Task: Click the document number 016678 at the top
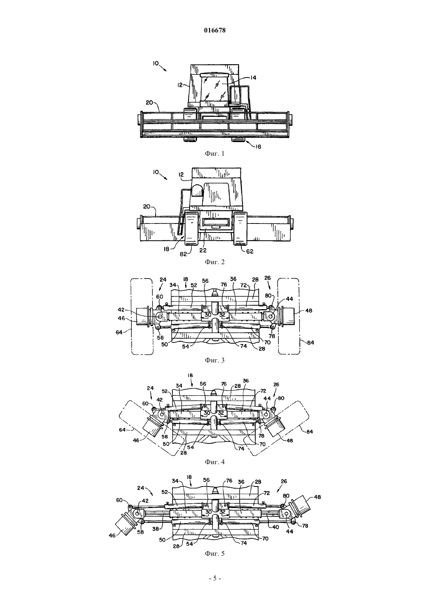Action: coord(215,31)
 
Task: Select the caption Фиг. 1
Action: coord(215,153)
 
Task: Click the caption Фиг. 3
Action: coord(215,360)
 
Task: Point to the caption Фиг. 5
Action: coord(215,553)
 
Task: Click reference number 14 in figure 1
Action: coord(253,78)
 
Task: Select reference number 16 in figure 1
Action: coord(258,146)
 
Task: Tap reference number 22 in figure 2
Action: coord(203,250)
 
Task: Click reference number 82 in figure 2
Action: coord(184,254)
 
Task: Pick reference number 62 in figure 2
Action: coord(249,251)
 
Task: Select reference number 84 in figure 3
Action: coord(310,342)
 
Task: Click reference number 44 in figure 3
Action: coord(289,299)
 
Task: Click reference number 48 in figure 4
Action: coord(290,440)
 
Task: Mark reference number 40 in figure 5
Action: coord(275,526)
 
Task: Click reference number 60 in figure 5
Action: coord(120,500)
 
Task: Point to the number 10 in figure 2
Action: coord(156,172)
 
